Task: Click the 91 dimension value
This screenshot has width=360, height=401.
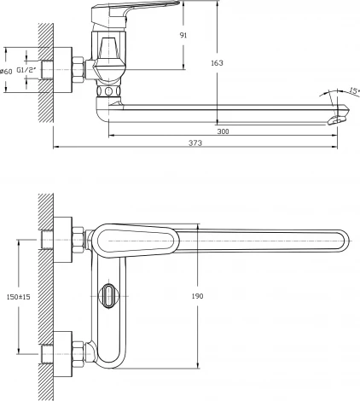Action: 183,35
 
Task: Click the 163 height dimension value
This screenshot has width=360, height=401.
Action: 217,63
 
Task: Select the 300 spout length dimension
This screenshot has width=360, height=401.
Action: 223,131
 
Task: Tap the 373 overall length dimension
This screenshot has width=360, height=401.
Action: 195,142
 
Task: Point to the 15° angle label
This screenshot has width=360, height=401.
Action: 354,91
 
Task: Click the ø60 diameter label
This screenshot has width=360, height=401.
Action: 6,72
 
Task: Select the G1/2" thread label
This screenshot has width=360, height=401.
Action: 27,70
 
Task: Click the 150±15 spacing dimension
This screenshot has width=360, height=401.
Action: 19,297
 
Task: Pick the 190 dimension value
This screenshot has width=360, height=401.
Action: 197,296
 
